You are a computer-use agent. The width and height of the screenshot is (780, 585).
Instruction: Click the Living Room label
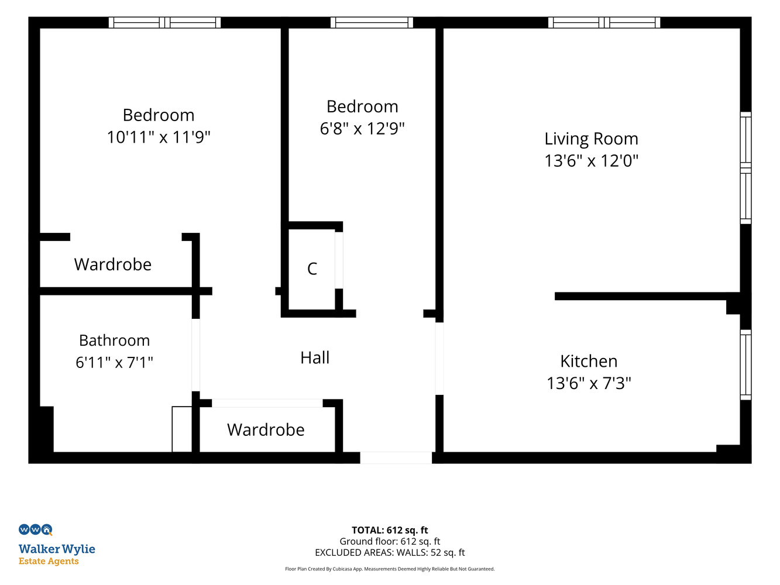591,139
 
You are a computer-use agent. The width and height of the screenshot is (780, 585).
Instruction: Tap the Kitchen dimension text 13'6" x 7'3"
589,383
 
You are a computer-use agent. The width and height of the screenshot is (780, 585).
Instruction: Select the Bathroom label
115,340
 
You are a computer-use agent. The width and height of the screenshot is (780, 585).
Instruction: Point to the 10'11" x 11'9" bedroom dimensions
159,137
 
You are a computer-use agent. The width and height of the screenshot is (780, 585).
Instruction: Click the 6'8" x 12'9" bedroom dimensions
362,129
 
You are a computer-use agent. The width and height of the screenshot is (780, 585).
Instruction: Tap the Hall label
315,357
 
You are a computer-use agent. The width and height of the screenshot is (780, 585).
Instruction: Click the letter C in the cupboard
312,269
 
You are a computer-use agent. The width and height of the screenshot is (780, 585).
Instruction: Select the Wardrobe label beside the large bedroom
113,264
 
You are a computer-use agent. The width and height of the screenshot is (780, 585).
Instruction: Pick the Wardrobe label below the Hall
266,430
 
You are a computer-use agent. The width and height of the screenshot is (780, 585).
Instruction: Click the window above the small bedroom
372,23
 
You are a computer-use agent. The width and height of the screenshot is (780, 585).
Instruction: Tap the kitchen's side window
745,365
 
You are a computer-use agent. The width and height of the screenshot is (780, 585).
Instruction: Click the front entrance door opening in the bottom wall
396,458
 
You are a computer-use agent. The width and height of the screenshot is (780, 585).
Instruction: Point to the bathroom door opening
196,355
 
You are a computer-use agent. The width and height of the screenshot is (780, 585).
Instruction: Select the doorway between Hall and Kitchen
439,359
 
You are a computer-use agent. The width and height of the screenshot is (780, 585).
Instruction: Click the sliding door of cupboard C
339,260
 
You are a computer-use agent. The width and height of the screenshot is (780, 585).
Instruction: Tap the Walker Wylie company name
57,549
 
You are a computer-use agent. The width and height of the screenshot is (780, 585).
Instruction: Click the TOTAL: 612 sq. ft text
390,530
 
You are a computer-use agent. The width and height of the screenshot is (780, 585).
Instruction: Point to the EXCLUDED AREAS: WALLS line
390,553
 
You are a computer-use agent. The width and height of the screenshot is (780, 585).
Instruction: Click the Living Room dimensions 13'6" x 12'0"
592,161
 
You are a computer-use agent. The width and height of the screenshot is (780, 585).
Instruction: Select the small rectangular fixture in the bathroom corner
182,429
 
